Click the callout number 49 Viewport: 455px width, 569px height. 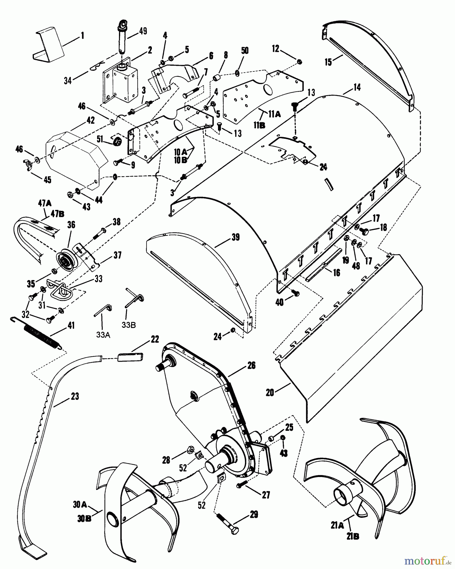143,31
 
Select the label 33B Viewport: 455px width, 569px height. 128,325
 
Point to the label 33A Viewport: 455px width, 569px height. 103,334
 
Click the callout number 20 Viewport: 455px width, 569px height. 270,392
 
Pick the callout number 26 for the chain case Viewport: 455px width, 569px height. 251,366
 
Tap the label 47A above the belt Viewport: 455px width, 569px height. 43,204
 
